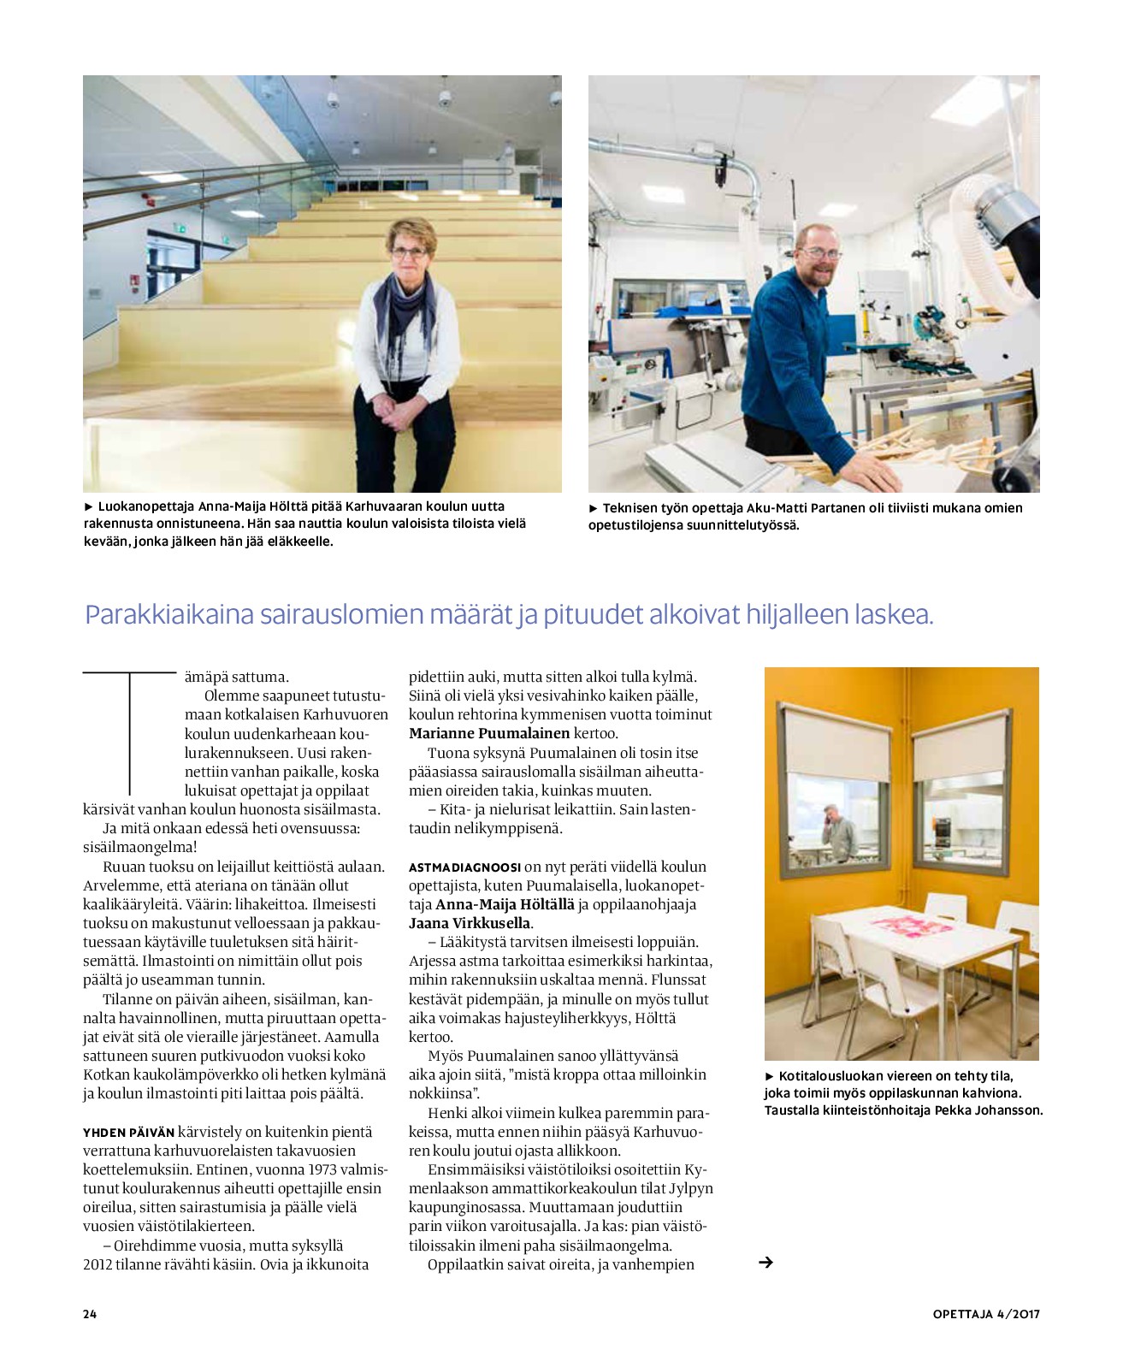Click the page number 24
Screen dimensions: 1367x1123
tap(90, 1314)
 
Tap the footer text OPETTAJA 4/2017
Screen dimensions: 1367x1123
tap(986, 1314)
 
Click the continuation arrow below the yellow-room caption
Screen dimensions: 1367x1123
tap(765, 1262)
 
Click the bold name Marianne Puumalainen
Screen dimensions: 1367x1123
tap(489, 733)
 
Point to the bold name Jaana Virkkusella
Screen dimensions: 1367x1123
tap(470, 923)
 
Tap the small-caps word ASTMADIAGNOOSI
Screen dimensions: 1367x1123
tap(464, 867)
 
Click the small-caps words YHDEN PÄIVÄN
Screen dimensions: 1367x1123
tap(128, 1133)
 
